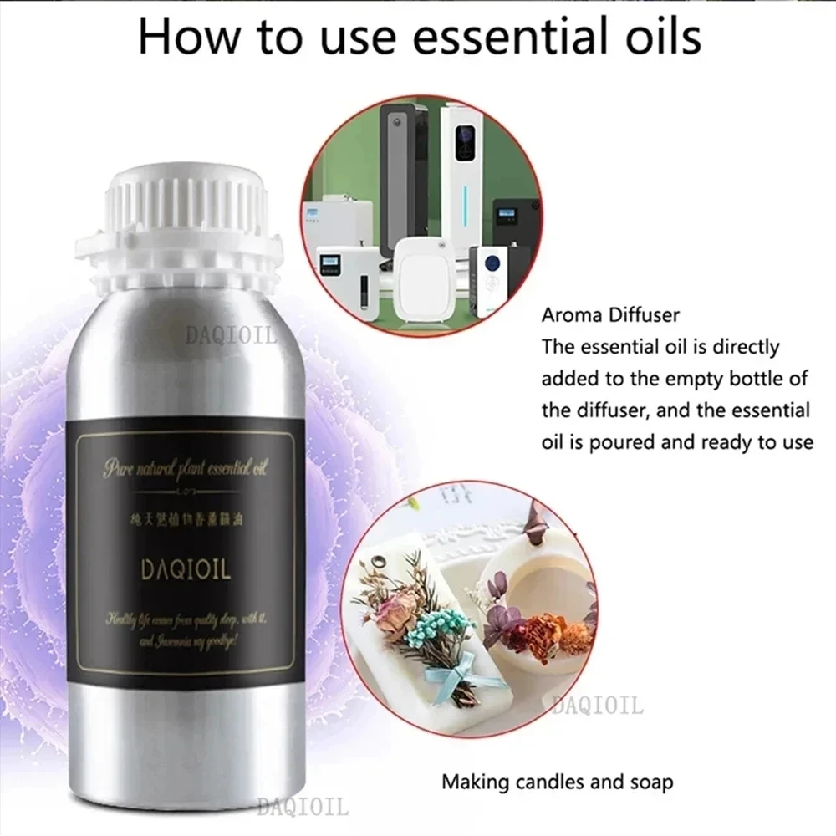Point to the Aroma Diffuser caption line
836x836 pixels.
point(610,315)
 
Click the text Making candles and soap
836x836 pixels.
point(557,782)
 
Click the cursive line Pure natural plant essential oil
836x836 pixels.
point(184,471)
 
